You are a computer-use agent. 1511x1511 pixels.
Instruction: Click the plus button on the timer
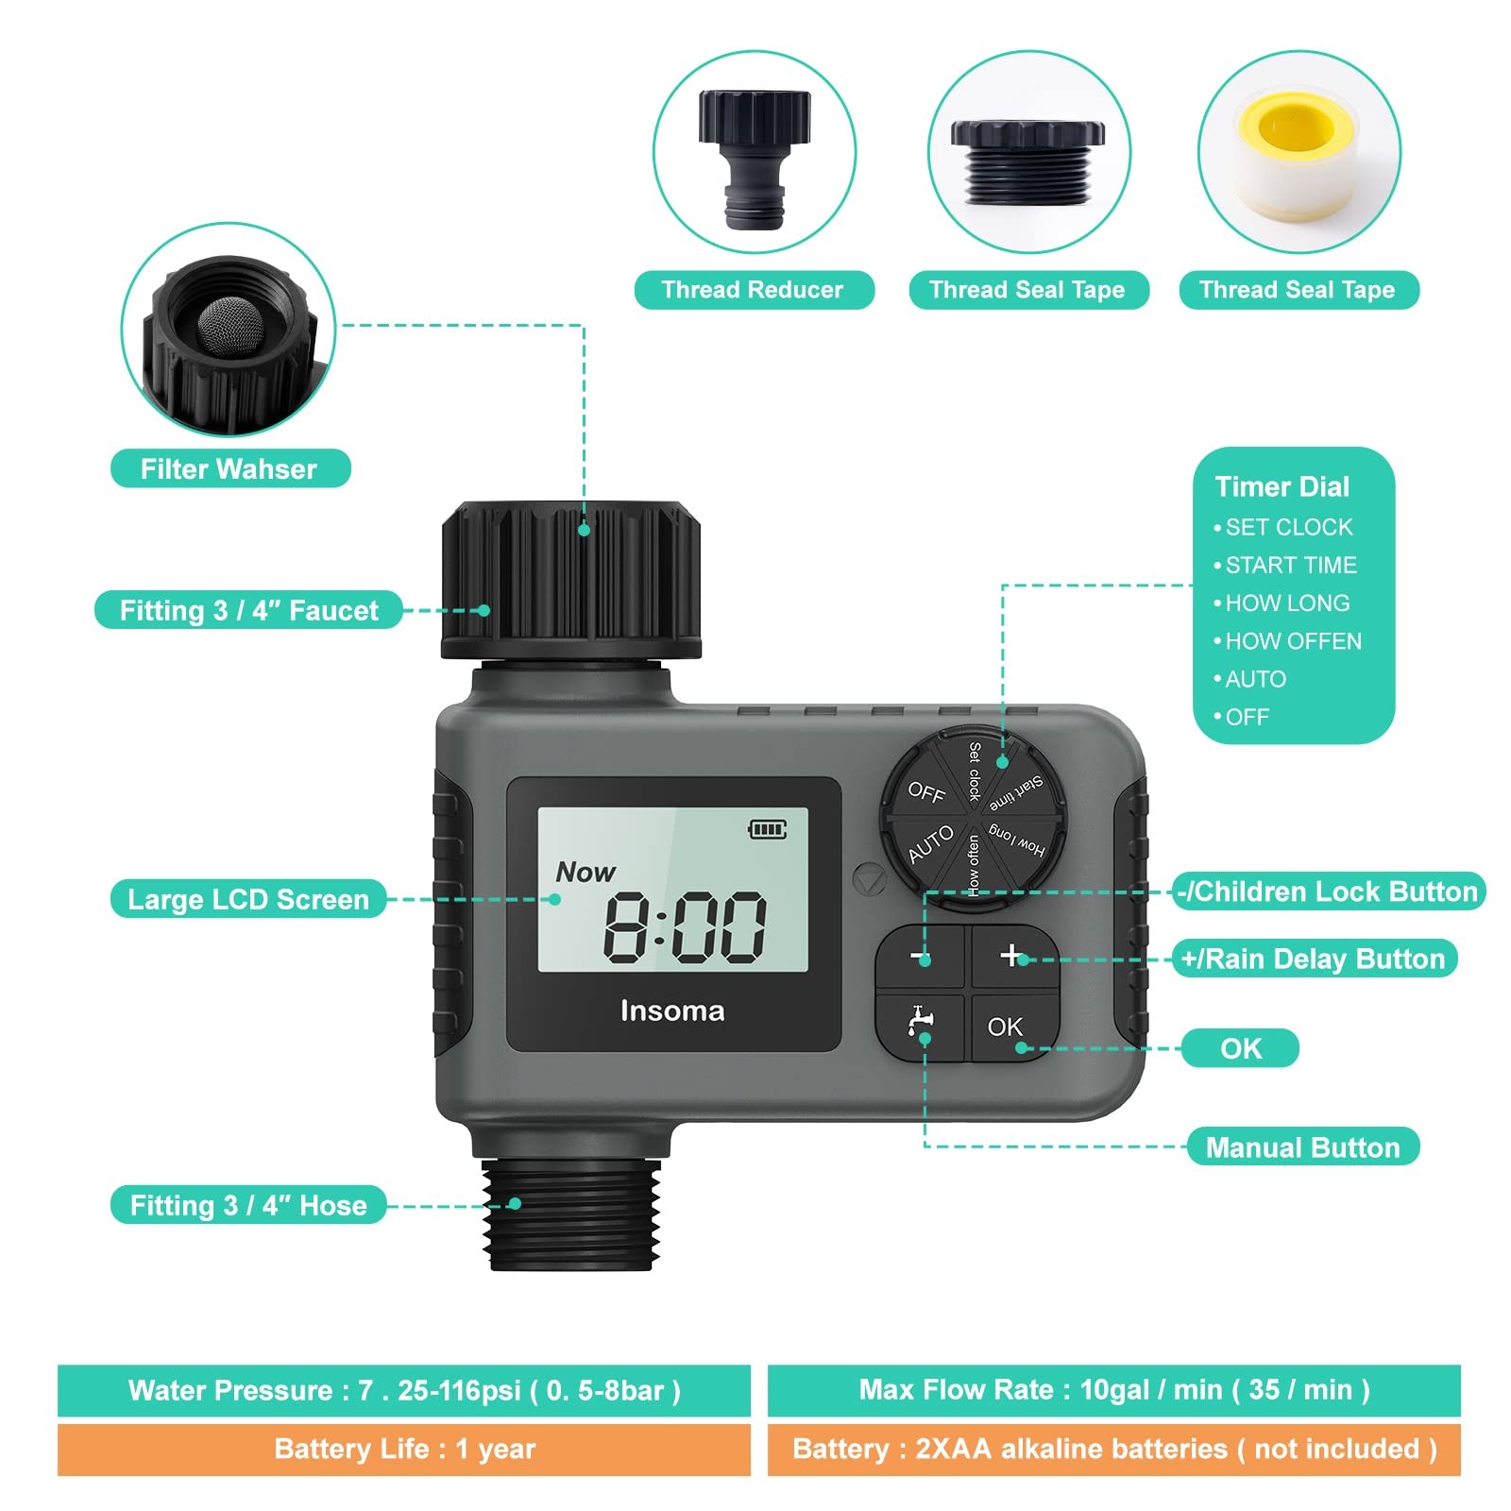[x=1011, y=956]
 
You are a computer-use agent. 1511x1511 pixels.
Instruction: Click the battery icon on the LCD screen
[x=767, y=829]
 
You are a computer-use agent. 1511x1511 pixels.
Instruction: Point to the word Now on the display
[x=586, y=872]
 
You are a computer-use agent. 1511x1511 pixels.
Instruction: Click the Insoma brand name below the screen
[x=672, y=1010]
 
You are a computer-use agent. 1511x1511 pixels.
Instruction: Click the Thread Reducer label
[x=753, y=290]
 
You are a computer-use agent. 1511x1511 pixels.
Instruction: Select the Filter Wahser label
[x=229, y=469]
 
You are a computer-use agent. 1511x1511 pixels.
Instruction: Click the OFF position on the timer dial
[x=925, y=792]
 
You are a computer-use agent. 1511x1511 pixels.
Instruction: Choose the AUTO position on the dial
[x=930, y=844]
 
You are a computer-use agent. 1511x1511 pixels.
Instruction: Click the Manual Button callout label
[x=1302, y=1147]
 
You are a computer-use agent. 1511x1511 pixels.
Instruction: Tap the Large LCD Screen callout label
[x=248, y=899]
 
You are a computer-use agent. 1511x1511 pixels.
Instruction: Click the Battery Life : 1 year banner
[x=404, y=1449]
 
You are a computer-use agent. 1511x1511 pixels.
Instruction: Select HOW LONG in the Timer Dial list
[x=1287, y=603]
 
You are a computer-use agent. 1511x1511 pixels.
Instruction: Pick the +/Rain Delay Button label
[x=1313, y=959]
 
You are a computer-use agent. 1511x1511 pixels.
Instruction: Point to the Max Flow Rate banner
[x=1113, y=1390]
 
